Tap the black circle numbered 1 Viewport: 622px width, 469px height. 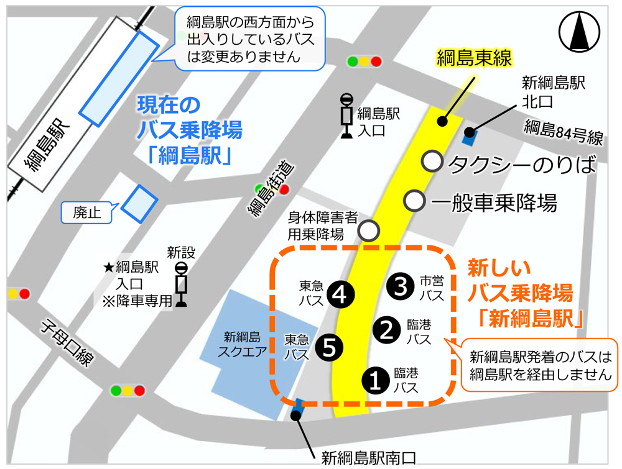(x=376, y=380)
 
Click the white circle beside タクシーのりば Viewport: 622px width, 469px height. (x=432, y=162)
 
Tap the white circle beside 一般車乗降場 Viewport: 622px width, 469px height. (x=414, y=201)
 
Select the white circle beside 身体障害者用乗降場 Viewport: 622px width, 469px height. (x=369, y=231)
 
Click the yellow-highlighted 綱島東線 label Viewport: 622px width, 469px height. (x=475, y=59)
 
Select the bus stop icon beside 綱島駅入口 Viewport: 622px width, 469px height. (x=346, y=115)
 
